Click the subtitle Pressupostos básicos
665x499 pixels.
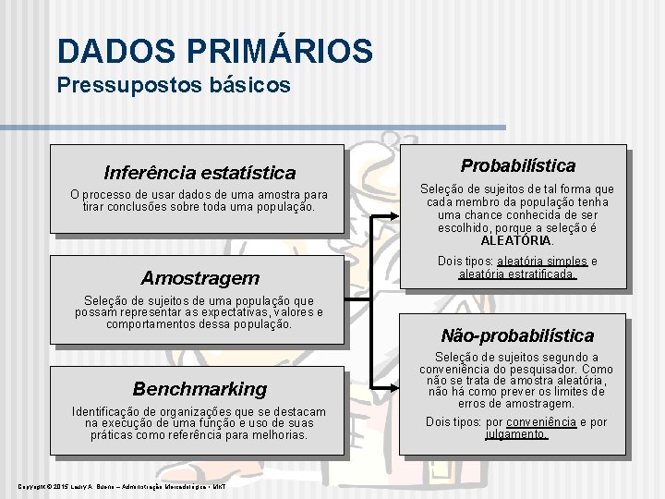(x=174, y=86)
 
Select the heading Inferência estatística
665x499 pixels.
(x=199, y=173)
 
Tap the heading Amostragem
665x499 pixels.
(x=199, y=278)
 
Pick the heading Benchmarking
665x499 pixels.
(x=199, y=389)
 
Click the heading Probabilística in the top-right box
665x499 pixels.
(x=517, y=166)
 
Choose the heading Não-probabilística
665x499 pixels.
(x=517, y=336)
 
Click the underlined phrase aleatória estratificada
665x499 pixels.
(x=517, y=274)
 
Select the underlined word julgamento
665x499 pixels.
(x=517, y=434)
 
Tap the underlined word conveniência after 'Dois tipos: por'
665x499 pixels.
(x=544, y=422)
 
